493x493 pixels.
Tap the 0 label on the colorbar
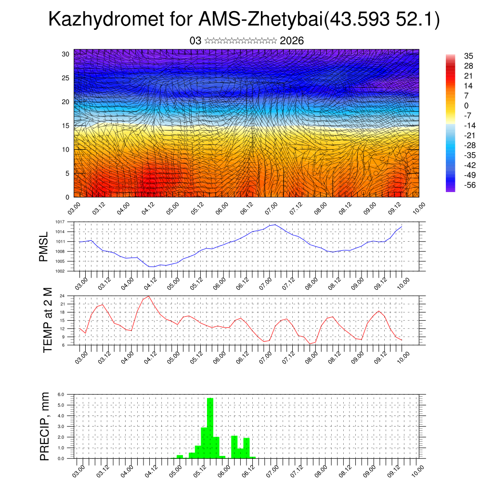[x=466, y=105]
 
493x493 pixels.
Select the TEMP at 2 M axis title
[x=47, y=319]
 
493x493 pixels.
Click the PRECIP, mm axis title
[x=44, y=426]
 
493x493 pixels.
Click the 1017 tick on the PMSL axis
[x=60, y=222]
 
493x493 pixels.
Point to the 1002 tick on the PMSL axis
[x=60, y=271]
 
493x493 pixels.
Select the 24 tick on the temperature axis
[x=62, y=296]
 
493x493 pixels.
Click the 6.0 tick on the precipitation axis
[x=61, y=394]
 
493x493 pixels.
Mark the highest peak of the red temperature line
[x=149, y=296]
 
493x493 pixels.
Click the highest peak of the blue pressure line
[x=274, y=224]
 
